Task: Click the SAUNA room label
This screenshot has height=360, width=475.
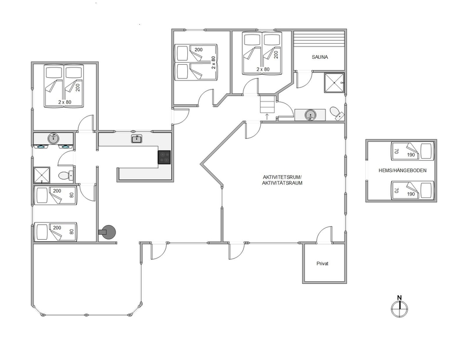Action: [x=320, y=57]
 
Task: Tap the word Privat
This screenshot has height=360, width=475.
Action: [x=322, y=263]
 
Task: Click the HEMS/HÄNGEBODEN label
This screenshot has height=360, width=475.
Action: [x=402, y=171]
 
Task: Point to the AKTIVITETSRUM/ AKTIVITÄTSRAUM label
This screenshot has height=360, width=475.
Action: [x=282, y=180]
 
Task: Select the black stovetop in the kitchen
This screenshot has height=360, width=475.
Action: [x=164, y=157]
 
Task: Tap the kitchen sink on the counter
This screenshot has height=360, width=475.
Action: [x=137, y=139]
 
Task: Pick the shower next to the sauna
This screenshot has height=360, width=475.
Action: [x=334, y=83]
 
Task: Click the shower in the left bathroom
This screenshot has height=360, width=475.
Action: [x=42, y=175]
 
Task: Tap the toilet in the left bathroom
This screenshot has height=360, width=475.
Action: [x=65, y=175]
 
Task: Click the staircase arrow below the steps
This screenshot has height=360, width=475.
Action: [x=267, y=117]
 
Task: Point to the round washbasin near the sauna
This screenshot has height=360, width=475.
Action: [x=310, y=115]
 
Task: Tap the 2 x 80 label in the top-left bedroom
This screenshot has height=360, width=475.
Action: [x=65, y=102]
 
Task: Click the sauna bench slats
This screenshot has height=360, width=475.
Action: [x=320, y=38]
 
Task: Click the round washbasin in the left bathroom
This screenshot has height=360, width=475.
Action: [x=53, y=139]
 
